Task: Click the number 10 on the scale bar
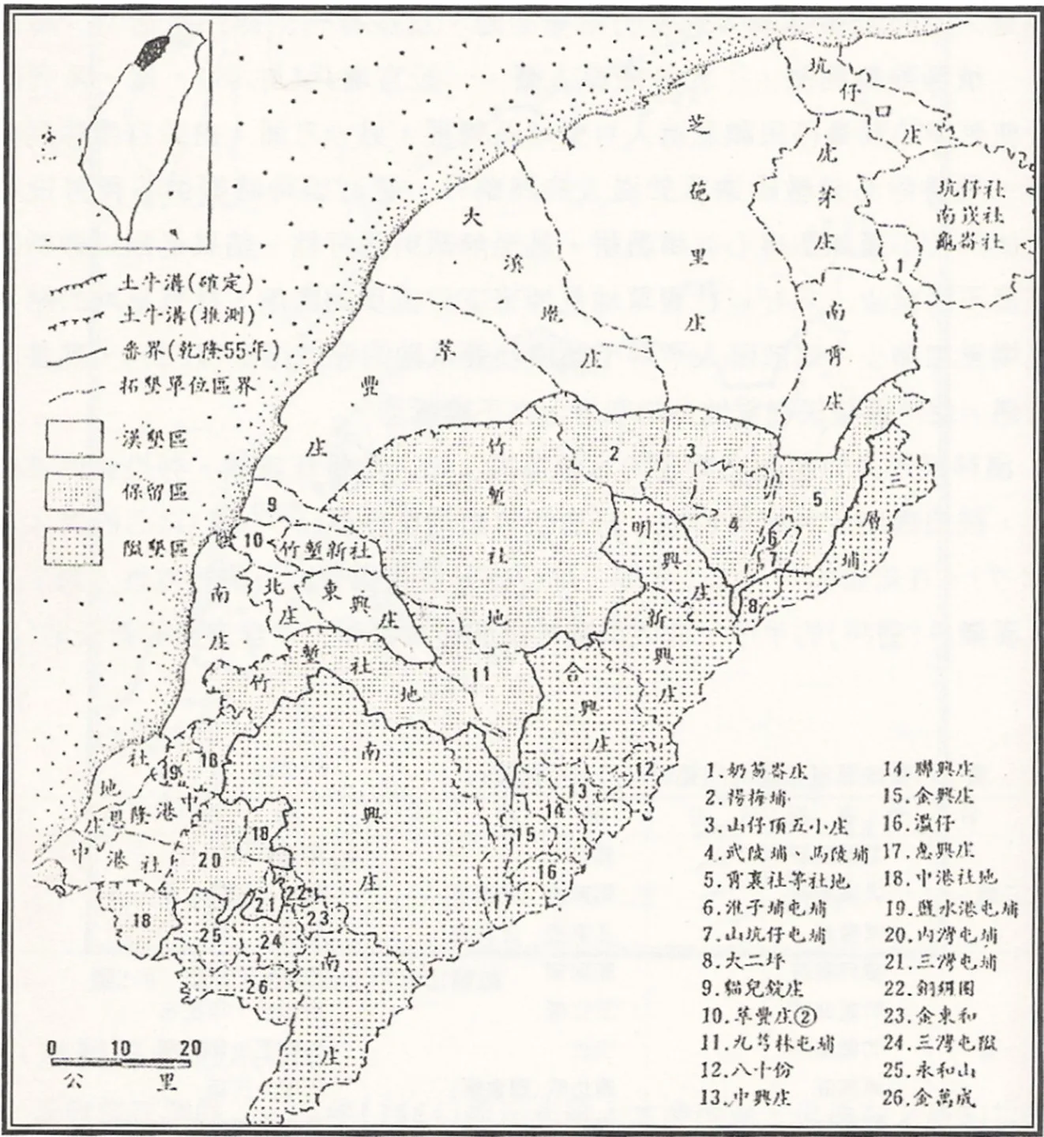click(x=121, y=1049)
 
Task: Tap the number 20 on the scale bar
click(x=190, y=1049)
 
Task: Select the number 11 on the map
click(x=481, y=674)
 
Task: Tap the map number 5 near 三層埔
click(x=817, y=499)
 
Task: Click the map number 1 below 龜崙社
click(x=901, y=267)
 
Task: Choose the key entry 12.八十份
click(x=745, y=1070)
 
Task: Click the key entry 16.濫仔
click(x=918, y=824)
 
